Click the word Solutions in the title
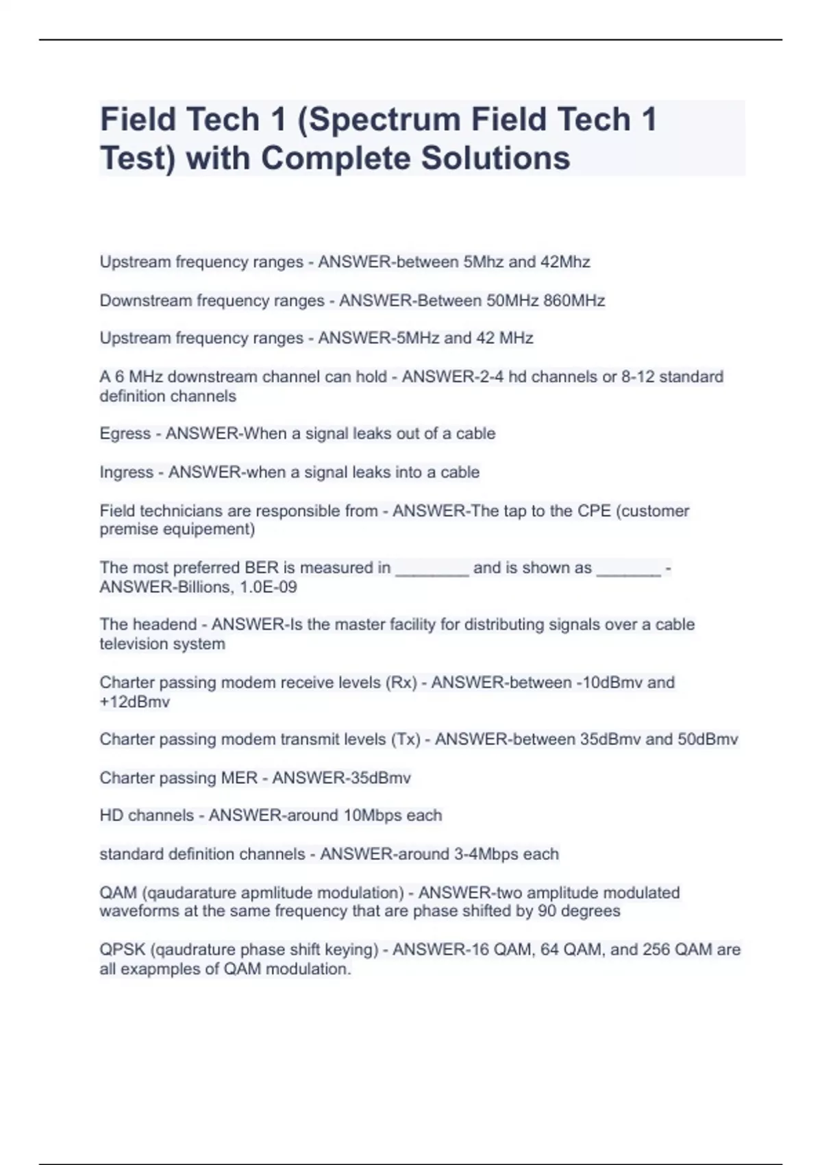495,158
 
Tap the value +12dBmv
134,702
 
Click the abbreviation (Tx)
406,739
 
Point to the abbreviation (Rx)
401,683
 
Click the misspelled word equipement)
215,529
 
